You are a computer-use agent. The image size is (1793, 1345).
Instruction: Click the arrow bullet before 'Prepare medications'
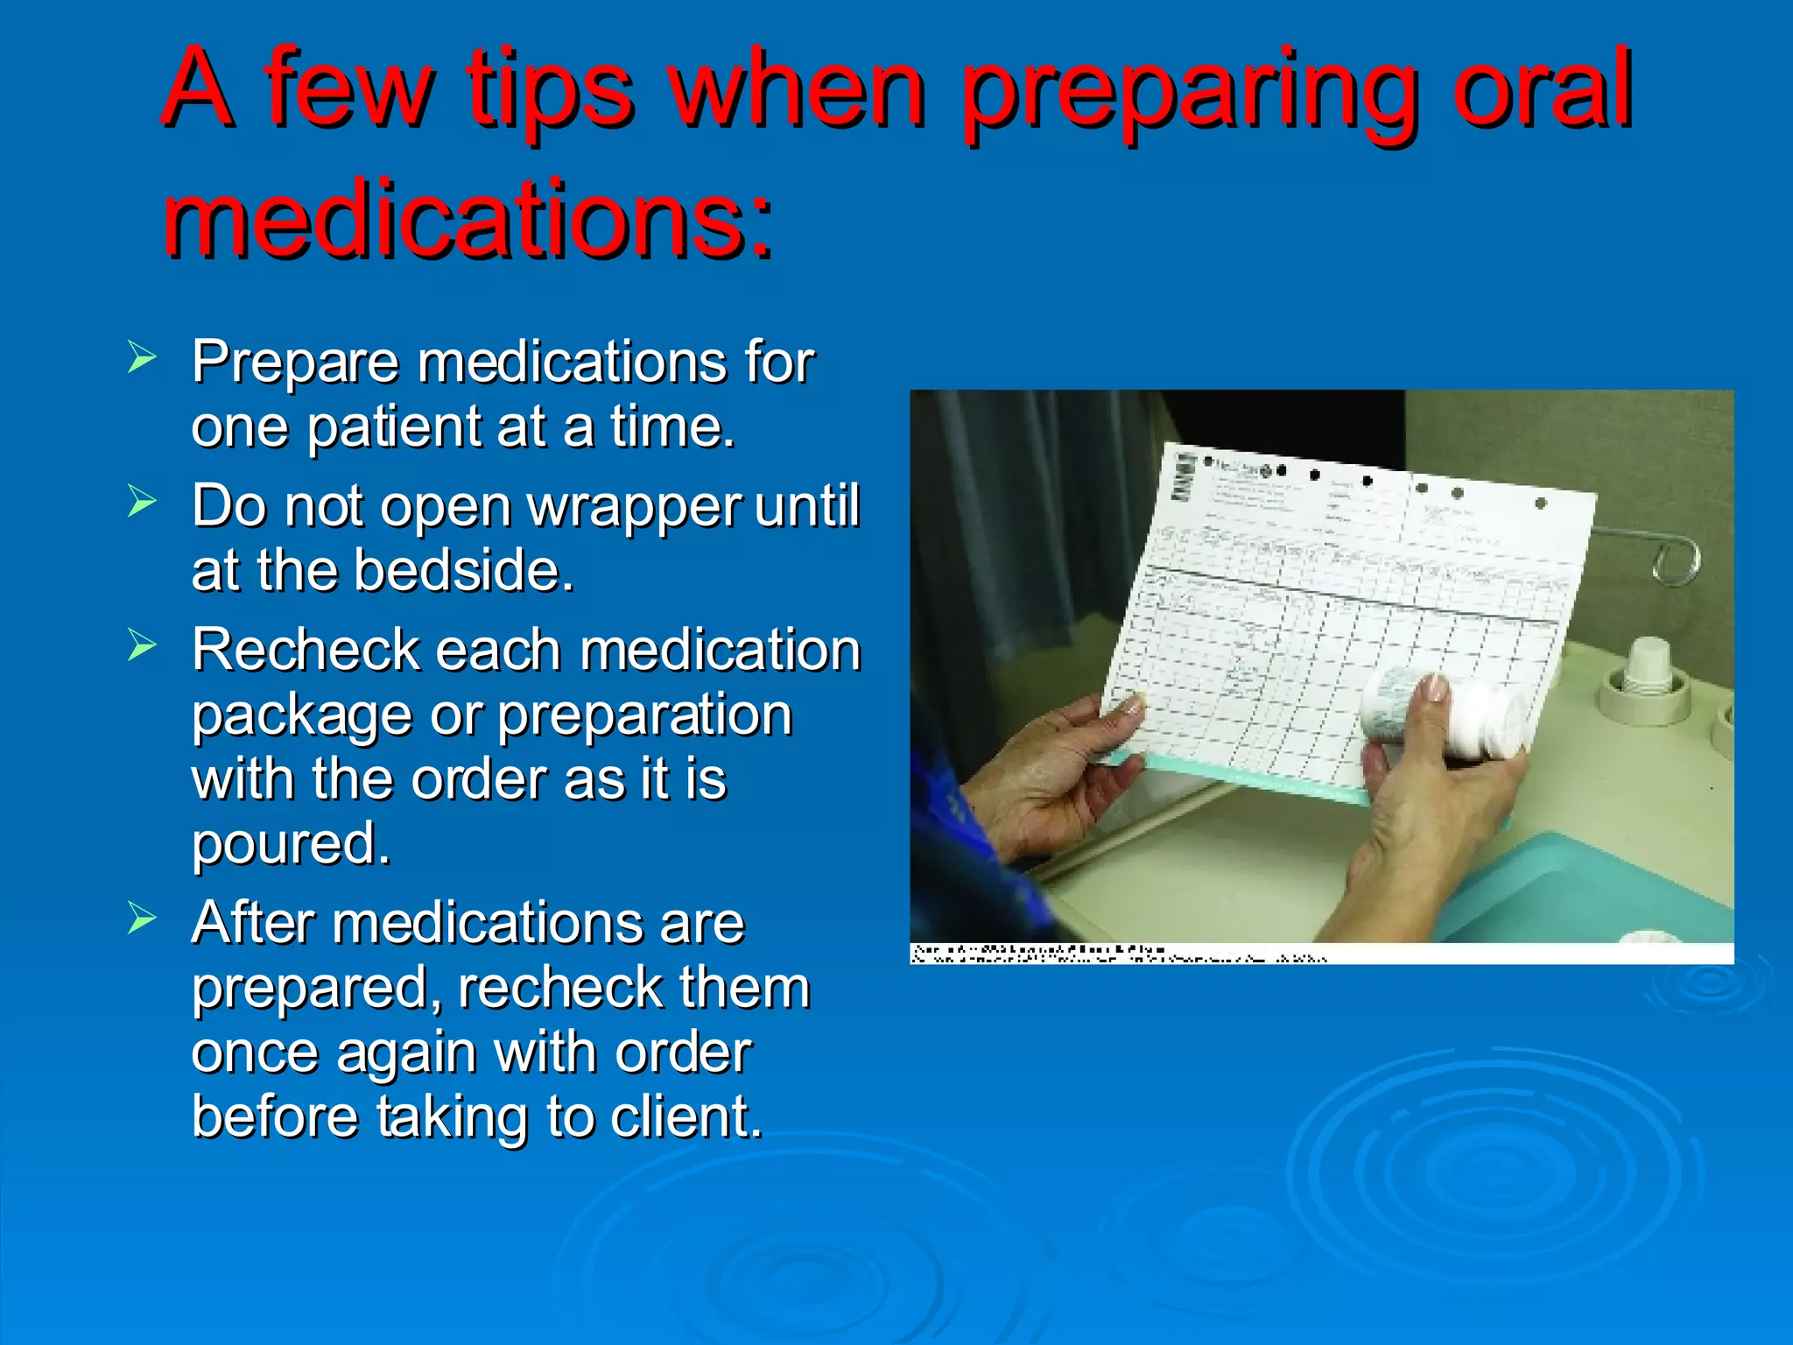[x=141, y=358]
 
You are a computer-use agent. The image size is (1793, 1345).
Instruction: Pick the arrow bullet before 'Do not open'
[x=141, y=502]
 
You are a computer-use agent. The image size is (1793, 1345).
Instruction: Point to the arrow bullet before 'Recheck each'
[x=141, y=645]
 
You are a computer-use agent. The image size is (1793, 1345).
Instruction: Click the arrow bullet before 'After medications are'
[x=141, y=919]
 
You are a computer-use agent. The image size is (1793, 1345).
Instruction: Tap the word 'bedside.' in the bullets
[x=463, y=571]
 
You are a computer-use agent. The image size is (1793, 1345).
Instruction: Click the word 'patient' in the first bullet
[x=393, y=427]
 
